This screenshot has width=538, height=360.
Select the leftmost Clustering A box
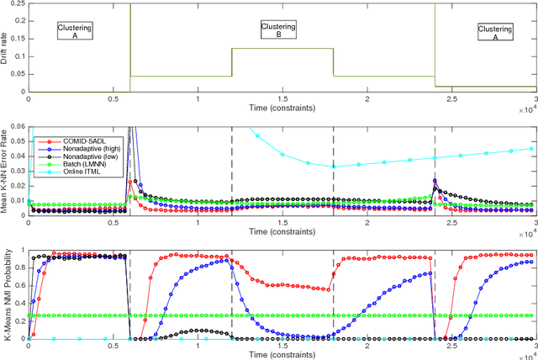tap(74, 31)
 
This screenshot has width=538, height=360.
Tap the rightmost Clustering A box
tap(493, 32)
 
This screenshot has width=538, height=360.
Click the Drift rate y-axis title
tap(7, 47)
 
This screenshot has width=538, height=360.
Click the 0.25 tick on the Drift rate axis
tap(18, 4)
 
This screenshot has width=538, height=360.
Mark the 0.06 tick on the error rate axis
tap(18, 127)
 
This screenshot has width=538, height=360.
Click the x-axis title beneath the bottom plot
tap(282, 355)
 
